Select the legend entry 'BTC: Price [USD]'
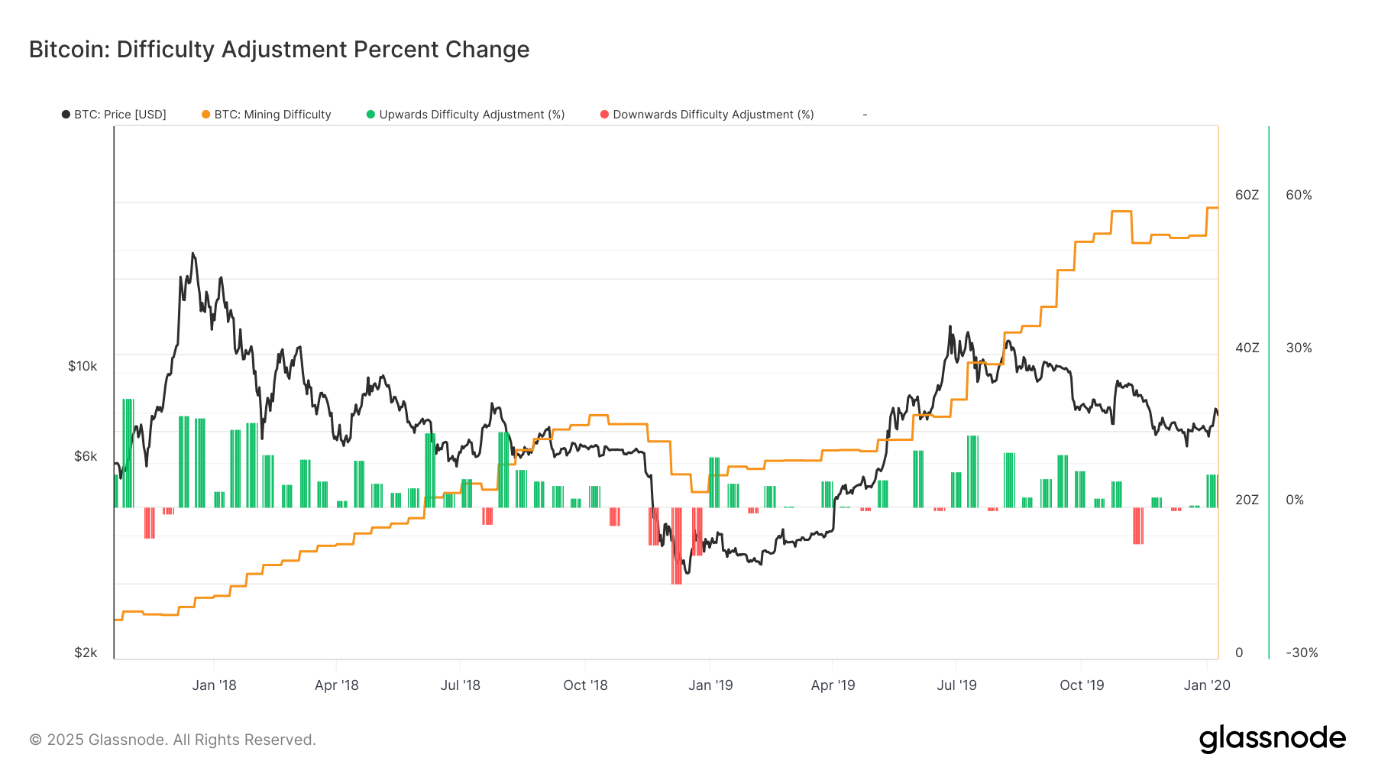click(x=114, y=115)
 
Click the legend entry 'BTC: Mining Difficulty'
click(x=267, y=115)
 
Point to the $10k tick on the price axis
click(x=82, y=366)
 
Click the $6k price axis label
click(x=86, y=456)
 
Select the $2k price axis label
click(x=86, y=653)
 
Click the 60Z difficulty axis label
click(x=1247, y=195)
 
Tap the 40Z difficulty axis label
click(x=1247, y=348)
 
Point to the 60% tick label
click(x=1299, y=195)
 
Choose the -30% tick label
click(x=1302, y=653)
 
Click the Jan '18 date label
click(x=214, y=685)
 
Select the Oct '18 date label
click(x=585, y=685)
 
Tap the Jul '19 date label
click(x=956, y=685)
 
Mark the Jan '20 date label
click(x=1207, y=685)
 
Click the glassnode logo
click(x=1272, y=739)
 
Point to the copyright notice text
click(x=173, y=740)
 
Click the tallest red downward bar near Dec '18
click(x=677, y=546)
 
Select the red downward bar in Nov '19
click(x=1138, y=526)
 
